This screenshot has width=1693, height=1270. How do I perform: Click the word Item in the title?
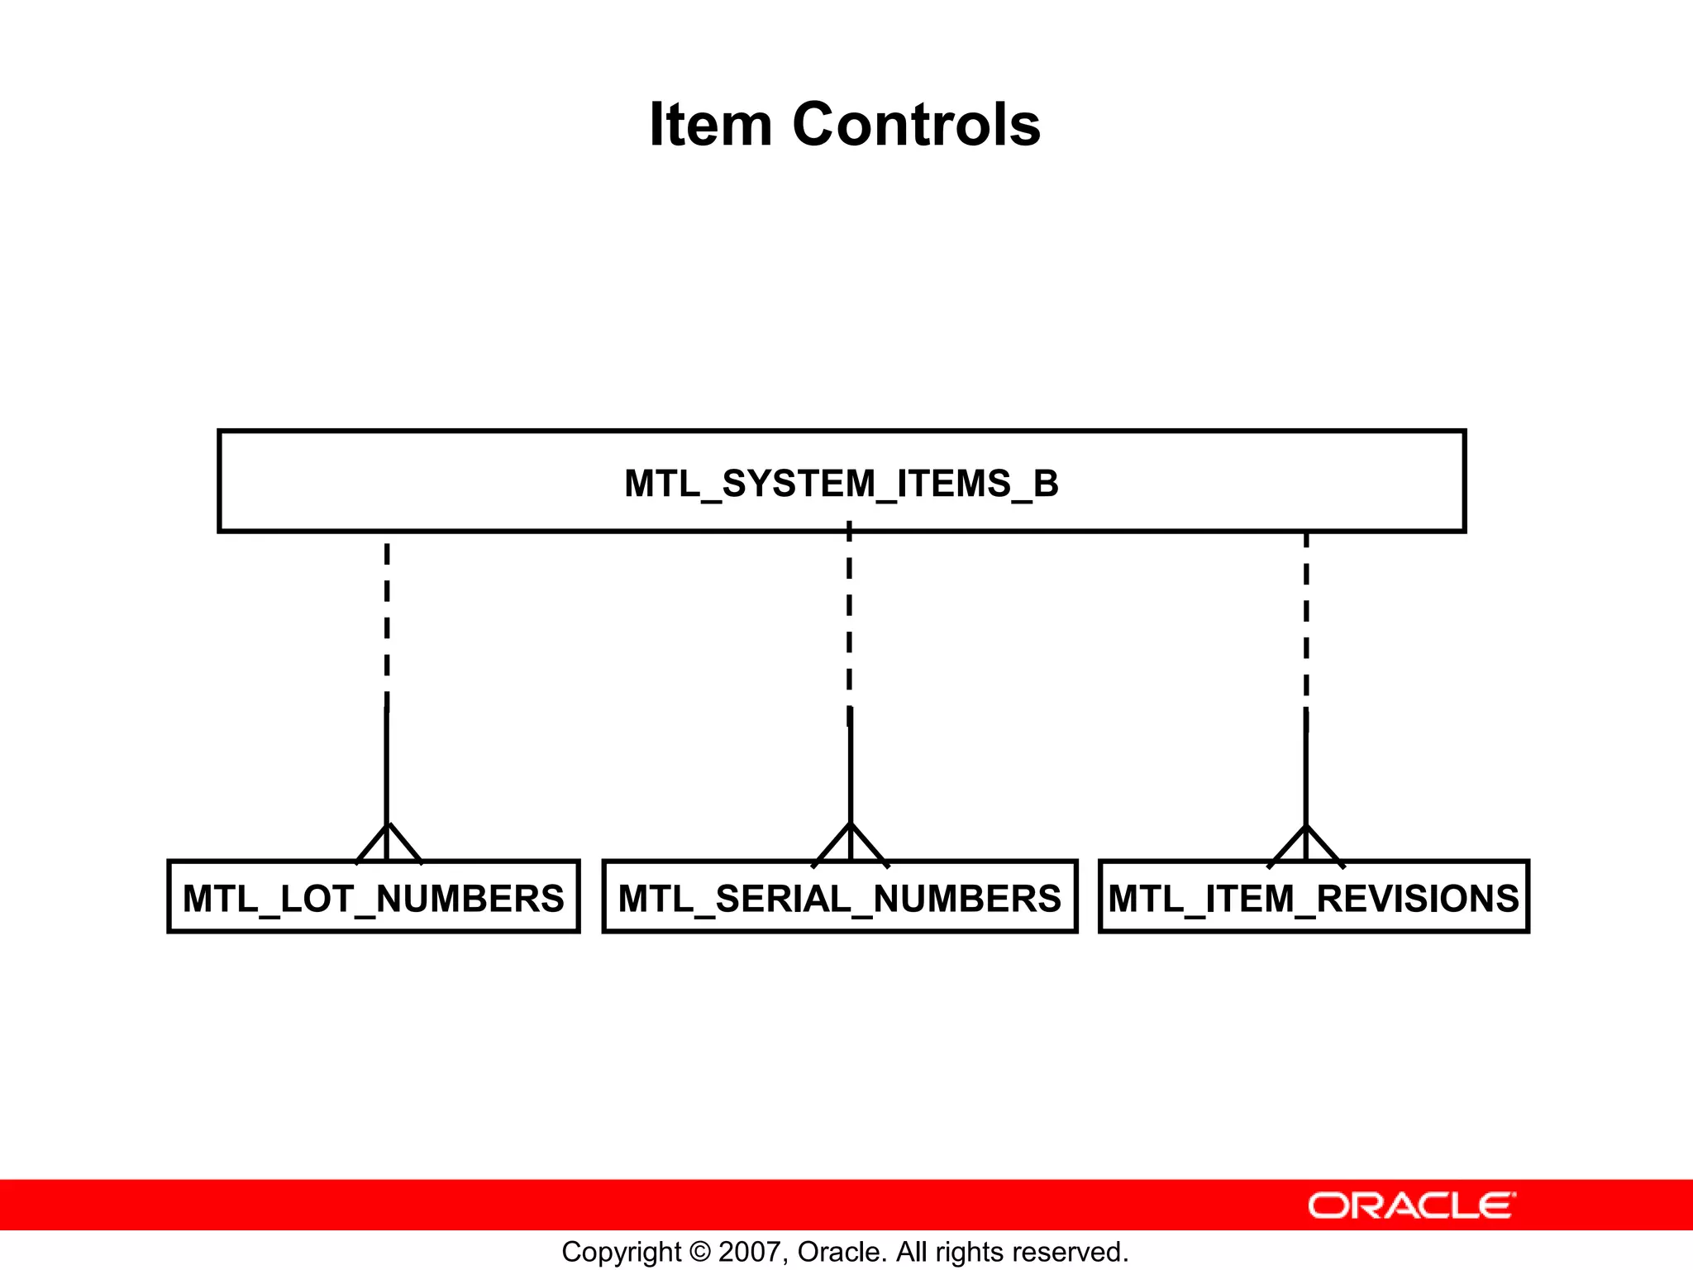[710, 125]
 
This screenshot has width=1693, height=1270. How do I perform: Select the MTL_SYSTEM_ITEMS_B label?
[841, 484]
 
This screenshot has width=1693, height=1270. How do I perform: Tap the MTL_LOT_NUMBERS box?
[373, 898]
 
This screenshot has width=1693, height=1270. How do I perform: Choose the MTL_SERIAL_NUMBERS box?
[839, 898]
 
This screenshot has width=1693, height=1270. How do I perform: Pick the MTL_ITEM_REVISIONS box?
[1314, 898]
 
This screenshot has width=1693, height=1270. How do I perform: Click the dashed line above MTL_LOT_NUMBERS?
[387, 620]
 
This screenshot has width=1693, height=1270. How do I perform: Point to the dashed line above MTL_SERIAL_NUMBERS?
[849, 620]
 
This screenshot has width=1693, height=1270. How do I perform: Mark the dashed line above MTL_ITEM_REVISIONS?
[1306, 620]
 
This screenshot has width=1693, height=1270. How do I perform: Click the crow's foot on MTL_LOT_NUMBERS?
[388, 843]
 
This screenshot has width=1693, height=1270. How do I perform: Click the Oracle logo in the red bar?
[1411, 1206]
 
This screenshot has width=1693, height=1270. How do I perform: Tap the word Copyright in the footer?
[621, 1253]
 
